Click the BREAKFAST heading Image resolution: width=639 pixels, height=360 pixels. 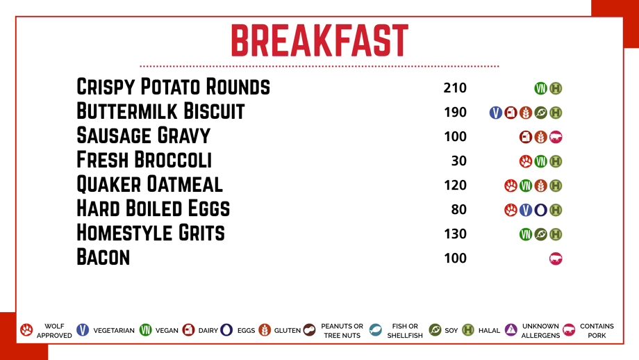319,40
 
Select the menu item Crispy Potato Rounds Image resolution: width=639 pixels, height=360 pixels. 173,87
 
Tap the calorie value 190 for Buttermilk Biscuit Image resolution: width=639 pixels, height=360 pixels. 455,112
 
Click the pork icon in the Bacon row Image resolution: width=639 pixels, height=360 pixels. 556,259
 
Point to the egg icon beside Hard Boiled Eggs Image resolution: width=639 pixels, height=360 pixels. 541,210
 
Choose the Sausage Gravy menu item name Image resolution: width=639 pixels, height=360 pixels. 144,136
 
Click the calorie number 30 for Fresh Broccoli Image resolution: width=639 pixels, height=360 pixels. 459,161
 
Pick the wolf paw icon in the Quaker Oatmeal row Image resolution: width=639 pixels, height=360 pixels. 511,186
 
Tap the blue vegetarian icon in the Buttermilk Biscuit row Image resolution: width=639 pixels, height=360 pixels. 495,113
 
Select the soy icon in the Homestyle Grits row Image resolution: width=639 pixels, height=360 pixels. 541,234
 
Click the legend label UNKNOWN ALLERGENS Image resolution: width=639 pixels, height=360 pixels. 540,331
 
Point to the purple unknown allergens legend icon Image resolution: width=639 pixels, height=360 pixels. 511,329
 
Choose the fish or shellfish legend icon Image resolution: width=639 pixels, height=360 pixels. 375,330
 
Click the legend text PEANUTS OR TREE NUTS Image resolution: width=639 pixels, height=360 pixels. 342,331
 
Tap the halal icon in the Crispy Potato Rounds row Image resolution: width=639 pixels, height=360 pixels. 556,88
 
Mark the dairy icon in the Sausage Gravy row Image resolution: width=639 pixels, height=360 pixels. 526,137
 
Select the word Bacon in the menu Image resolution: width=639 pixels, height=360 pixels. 103,257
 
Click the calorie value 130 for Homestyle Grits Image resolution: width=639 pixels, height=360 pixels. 455,234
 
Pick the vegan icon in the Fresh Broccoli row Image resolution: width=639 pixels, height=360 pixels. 541,161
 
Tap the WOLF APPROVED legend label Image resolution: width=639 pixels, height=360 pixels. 54,331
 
